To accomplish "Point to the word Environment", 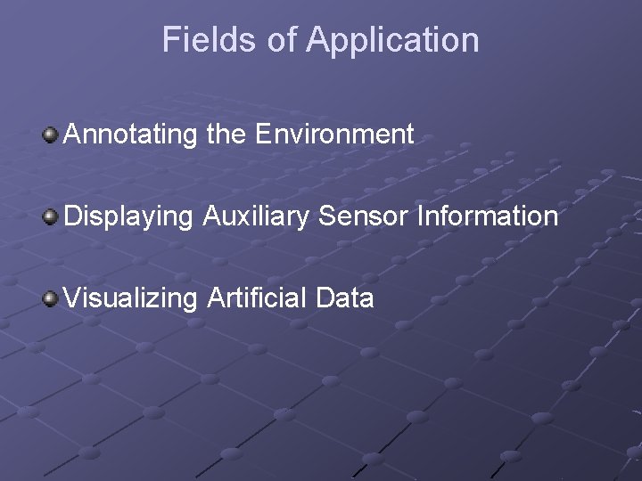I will click(334, 135).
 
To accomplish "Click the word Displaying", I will click(129, 216).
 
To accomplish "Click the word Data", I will click(344, 298).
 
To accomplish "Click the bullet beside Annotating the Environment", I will click(50, 135).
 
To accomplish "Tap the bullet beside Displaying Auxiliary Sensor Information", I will click(50, 216).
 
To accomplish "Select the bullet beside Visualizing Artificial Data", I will click(50, 297).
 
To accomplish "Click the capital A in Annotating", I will click(73, 135).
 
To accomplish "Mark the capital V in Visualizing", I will click(73, 297).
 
